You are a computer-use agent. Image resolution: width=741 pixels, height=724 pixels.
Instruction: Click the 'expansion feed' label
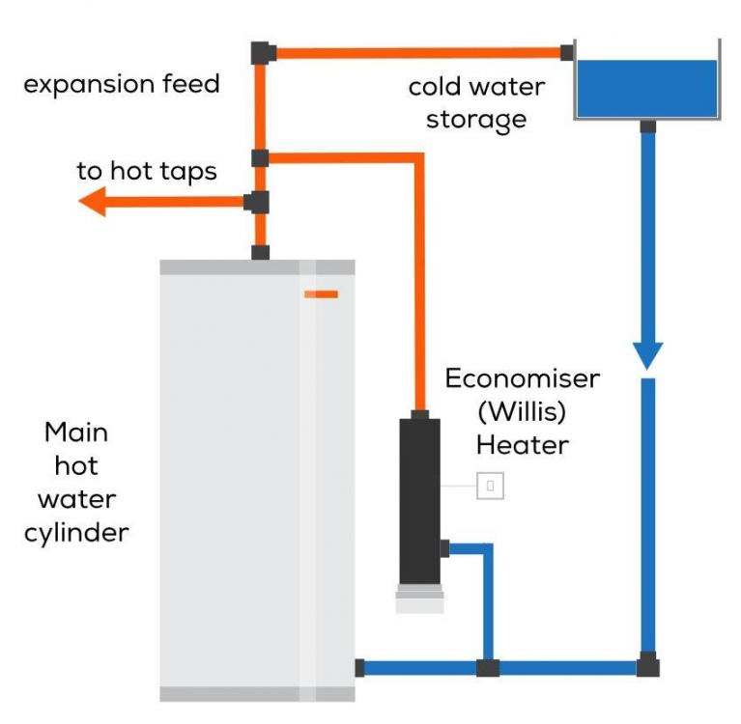[122, 84]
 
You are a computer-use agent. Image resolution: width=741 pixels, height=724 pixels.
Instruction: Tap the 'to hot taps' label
[147, 171]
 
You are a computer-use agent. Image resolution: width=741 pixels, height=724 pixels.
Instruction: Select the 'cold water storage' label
[477, 103]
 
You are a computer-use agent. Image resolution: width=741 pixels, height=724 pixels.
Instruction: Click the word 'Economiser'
[523, 378]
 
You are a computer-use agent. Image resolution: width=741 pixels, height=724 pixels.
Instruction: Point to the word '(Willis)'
[522, 412]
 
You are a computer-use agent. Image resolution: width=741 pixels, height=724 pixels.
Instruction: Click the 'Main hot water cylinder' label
[76, 483]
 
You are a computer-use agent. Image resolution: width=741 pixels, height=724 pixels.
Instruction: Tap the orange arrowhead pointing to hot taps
[92, 202]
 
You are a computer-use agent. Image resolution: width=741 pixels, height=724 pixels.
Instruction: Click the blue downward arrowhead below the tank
[648, 355]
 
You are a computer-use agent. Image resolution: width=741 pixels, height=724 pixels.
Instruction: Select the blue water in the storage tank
[647, 88]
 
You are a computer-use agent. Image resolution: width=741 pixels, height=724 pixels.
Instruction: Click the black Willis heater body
[419, 502]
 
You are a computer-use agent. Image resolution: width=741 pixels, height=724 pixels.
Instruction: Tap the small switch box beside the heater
[490, 486]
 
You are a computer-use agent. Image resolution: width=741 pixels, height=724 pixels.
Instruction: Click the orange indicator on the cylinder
[322, 294]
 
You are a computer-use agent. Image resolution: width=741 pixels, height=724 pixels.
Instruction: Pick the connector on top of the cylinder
[261, 253]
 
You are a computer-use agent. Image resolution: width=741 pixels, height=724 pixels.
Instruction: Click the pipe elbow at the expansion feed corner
[263, 53]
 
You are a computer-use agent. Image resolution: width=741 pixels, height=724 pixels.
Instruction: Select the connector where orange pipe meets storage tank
[567, 53]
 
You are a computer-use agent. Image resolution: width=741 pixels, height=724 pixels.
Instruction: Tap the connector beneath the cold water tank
[648, 126]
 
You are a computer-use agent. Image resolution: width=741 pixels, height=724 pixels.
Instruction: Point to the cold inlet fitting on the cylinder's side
[359, 668]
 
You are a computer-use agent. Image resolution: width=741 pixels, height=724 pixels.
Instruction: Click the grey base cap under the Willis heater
[419, 599]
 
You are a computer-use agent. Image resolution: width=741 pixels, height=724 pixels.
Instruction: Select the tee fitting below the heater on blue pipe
[488, 668]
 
